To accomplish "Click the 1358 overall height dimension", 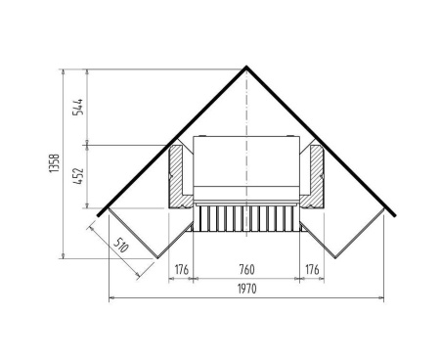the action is [54, 163].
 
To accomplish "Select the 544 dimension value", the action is [78, 107].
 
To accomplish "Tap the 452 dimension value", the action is [78, 176].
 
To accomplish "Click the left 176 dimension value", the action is [182, 270].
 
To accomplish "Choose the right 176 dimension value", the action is [312, 270].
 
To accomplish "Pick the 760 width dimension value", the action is [246, 270].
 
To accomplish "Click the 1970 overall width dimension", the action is [246, 289].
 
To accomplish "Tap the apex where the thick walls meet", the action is [246, 67].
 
